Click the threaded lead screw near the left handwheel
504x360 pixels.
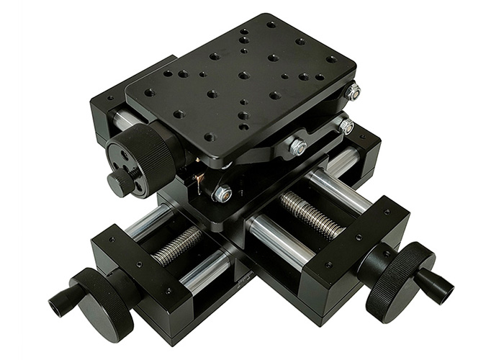tap(177, 246)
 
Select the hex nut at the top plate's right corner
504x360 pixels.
tap(353, 91)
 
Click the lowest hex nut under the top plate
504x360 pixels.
tap(222, 194)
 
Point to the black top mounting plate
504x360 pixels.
tap(241, 79)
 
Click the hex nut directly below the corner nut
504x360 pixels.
tap(346, 127)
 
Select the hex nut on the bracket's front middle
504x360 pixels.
tap(298, 147)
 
